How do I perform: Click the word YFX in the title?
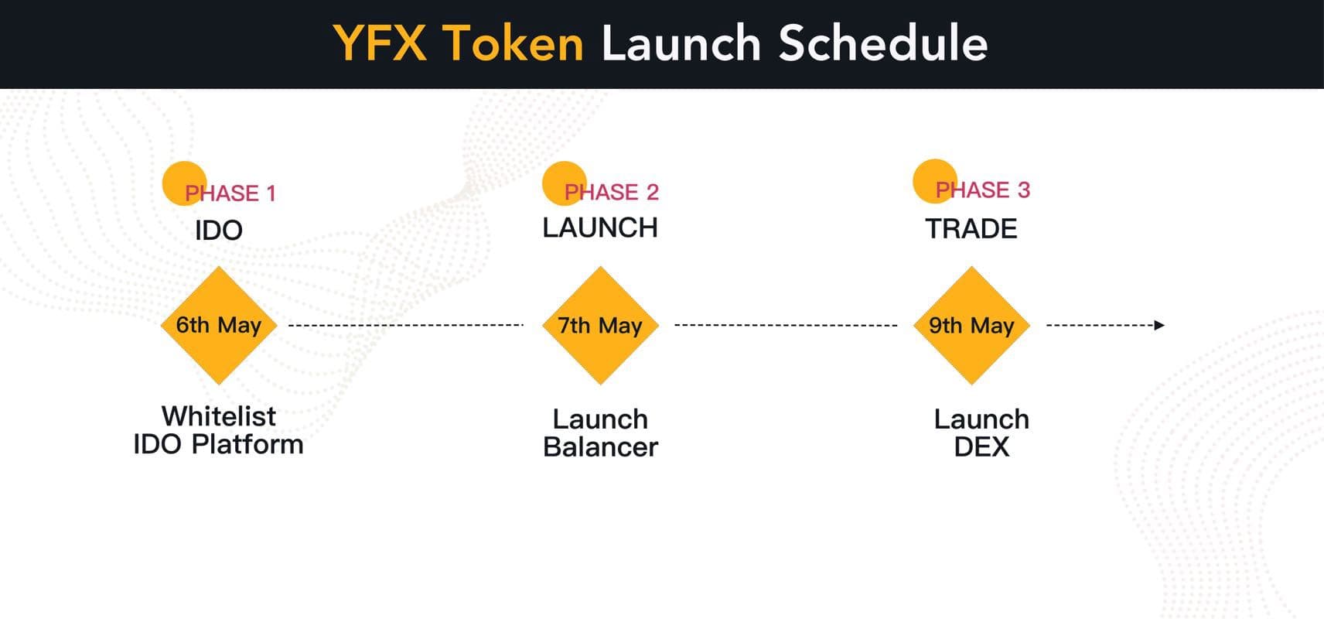click(x=380, y=43)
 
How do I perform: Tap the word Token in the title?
click(x=513, y=43)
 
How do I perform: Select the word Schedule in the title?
click(x=883, y=43)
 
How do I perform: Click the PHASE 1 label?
click(x=230, y=193)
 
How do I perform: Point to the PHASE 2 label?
click(x=612, y=192)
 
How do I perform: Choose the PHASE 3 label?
click(x=983, y=190)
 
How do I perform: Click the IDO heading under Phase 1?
click(x=219, y=230)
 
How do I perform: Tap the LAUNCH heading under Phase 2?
click(x=600, y=227)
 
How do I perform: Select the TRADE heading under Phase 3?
click(x=971, y=229)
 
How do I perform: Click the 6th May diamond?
click(x=219, y=325)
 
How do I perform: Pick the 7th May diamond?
click(x=601, y=325)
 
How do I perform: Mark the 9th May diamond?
click(x=971, y=325)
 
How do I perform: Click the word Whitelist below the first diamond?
click(x=219, y=416)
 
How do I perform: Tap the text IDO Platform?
click(x=219, y=445)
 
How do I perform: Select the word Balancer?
click(x=601, y=447)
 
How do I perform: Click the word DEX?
click(x=981, y=446)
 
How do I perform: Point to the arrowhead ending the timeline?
click(x=1160, y=325)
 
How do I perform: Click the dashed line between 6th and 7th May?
click(x=406, y=325)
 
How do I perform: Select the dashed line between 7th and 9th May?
click(x=786, y=325)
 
